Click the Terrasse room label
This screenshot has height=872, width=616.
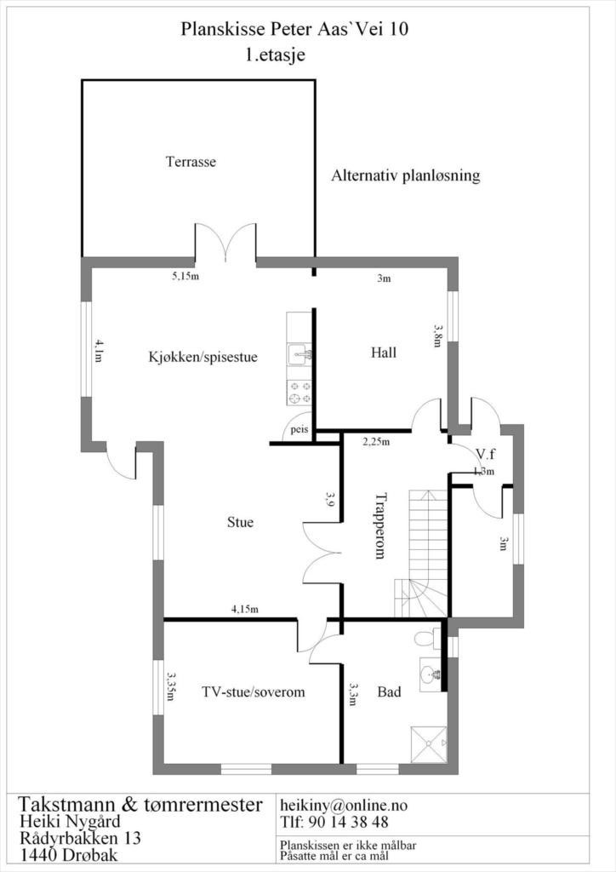(x=191, y=162)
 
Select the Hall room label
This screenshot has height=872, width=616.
(x=384, y=353)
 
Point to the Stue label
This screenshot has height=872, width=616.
(x=240, y=522)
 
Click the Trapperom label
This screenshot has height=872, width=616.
(x=380, y=525)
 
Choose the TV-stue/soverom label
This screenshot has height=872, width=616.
(x=254, y=692)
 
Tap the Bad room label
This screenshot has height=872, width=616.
(x=390, y=692)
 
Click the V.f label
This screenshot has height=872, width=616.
(x=486, y=454)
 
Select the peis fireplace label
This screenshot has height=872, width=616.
(x=298, y=430)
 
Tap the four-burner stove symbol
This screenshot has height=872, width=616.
(x=299, y=392)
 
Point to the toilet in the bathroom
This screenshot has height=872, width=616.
(x=425, y=639)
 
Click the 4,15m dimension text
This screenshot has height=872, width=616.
(x=245, y=609)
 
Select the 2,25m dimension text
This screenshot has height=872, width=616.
(x=376, y=442)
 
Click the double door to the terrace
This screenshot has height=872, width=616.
(x=225, y=243)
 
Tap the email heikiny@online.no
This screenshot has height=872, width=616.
(x=344, y=805)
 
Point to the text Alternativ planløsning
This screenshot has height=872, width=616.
(x=406, y=176)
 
